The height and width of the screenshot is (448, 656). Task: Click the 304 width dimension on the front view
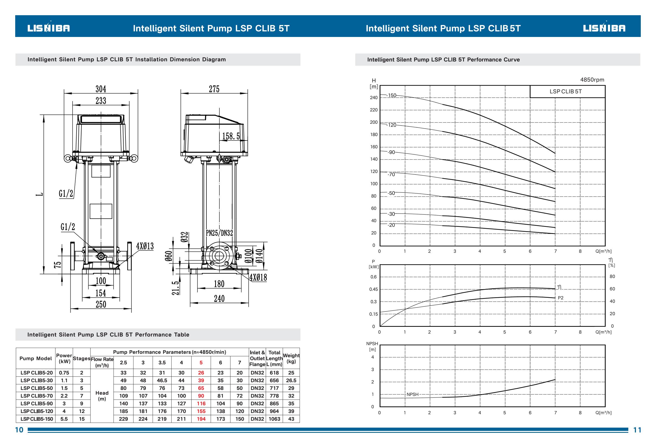pos(101,89)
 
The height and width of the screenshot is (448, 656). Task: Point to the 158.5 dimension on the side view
pos(231,136)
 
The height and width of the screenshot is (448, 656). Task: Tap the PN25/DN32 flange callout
pos(219,233)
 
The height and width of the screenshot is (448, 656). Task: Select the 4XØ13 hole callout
pos(145,246)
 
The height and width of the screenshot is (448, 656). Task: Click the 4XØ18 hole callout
pos(258,277)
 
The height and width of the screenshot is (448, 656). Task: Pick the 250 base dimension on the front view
pos(101,304)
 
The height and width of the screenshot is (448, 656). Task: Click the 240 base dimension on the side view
pos(219,298)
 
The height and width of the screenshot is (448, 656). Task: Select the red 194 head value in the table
pos(201,419)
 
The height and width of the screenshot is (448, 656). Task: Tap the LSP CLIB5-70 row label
pos(37,396)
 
